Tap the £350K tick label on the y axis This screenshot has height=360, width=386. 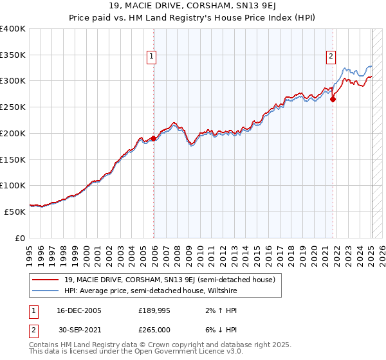[x=13, y=55]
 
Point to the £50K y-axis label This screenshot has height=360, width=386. [x=15, y=212]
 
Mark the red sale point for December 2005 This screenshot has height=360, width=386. [x=154, y=138]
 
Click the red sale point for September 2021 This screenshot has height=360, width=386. [x=333, y=99]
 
